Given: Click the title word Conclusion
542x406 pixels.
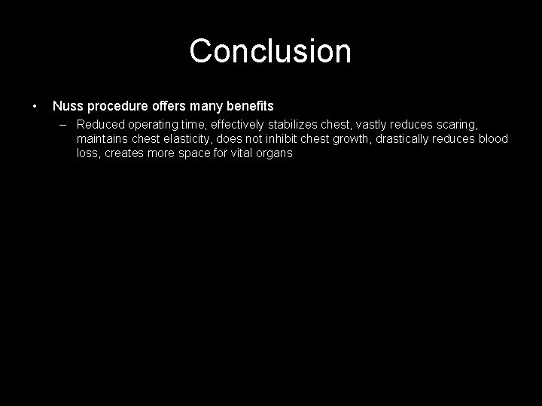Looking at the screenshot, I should click(x=270, y=51).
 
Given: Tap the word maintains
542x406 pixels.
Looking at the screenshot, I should click(x=102, y=139).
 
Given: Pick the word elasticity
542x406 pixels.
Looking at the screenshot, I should click(x=184, y=139).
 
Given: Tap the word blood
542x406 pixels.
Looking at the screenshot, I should click(x=492, y=139).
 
